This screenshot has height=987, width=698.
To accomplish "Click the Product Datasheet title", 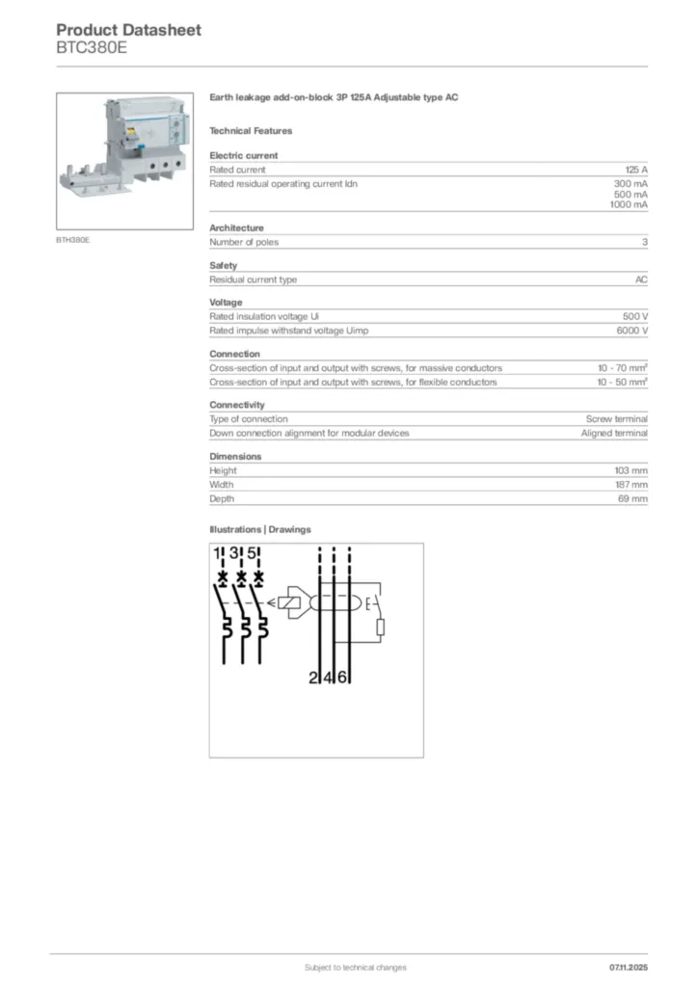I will point(128,30).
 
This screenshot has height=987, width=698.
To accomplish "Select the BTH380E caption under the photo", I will point(73,239).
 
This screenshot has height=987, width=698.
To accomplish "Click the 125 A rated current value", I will point(636,170).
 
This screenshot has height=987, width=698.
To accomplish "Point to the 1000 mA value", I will point(629,204).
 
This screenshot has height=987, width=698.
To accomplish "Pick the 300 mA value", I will point(631,183).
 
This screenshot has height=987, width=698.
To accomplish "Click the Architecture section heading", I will point(236,228).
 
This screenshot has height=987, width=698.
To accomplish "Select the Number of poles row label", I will point(244,242).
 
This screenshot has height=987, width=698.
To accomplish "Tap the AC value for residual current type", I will point(641,280).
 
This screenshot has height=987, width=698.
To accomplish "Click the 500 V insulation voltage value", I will point(635,316).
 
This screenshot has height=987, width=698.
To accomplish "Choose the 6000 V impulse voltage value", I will point(632,331).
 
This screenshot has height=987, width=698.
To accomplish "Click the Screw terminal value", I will point(617,419).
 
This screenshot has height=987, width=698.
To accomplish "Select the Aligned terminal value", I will point(614,433).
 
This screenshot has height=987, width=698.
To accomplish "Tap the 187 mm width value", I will point(631,485).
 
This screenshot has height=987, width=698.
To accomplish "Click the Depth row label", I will point(222,499).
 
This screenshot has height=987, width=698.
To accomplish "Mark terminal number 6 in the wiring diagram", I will point(342,678).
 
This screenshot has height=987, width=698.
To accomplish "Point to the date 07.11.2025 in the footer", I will point(629,967).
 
